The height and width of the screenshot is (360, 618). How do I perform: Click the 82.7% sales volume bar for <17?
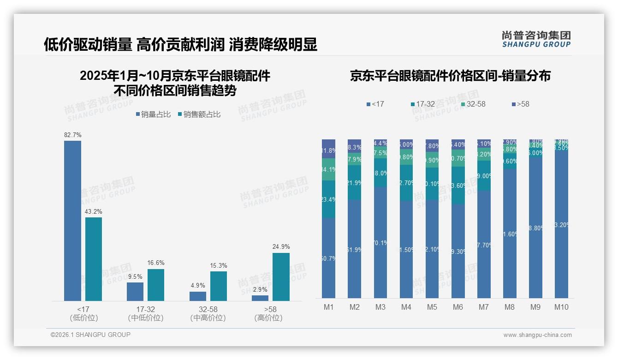(x=72, y=221)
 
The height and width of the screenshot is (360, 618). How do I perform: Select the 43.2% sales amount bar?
(x=94, y=259)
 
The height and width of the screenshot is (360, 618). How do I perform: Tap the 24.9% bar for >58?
(x=281, y=276)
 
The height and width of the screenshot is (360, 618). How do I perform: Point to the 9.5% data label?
(x=135, y=277)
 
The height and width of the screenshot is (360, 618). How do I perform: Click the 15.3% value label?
(x=219, y=266)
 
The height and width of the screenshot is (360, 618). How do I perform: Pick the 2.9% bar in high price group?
(x=260, y=298)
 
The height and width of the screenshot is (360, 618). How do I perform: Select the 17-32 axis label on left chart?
(x=146, y=309)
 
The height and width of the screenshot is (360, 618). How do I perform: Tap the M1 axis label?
(x=328, y=307)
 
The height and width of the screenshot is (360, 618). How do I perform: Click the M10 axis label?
(x=561, y=307)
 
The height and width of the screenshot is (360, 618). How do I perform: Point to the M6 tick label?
(x=458, y=307)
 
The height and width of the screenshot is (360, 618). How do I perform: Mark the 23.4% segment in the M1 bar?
(x=328, y=199)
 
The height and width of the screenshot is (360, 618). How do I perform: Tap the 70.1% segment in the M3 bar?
(x=380, y=242)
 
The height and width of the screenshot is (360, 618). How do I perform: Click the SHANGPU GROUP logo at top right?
(x=536, y=39)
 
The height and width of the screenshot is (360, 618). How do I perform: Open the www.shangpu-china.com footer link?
(x=537, y=335)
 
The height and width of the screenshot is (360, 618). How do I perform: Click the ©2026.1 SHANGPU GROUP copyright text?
(x=90, y=335)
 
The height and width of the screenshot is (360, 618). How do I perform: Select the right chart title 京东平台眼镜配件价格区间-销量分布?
(x=450, y=76)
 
